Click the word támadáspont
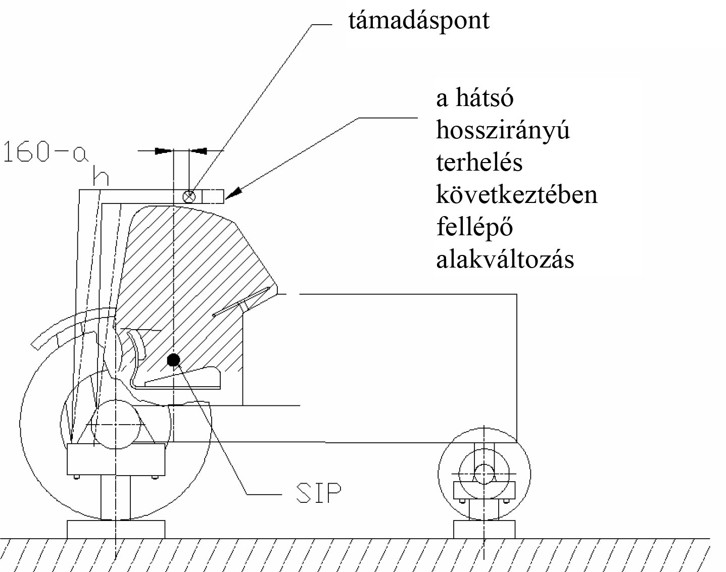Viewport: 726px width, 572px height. point(419,21)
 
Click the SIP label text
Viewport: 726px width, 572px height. point(318,493)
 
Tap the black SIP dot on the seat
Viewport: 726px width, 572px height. point(173,359)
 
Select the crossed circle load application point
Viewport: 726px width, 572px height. point(189,196)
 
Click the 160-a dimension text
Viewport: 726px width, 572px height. point(45,152)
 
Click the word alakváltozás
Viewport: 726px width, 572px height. point(505,259)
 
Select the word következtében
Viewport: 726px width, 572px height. point(516,194)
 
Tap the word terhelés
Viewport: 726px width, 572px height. point(479,162)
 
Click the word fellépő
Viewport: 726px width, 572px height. point(474,227)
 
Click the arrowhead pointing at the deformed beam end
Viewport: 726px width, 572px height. point(233,193)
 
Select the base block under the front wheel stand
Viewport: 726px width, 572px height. point(484,529)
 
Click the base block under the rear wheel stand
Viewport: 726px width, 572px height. point(116,529)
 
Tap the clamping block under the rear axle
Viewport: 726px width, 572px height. point(116,459)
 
